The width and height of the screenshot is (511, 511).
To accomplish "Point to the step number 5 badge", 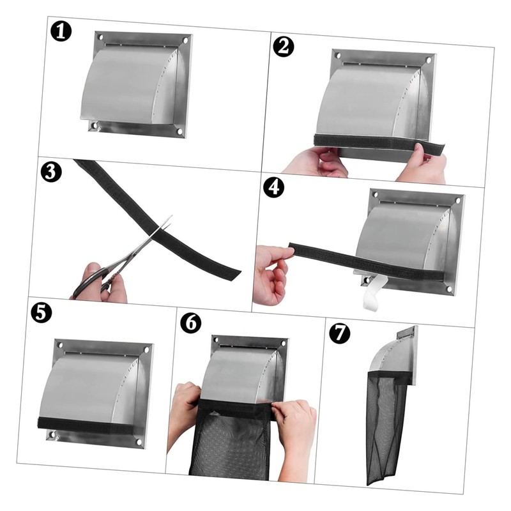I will coord(41,313).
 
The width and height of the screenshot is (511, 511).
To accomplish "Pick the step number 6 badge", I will coord(190,323).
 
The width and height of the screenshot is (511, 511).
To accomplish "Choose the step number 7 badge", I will coord(339,333).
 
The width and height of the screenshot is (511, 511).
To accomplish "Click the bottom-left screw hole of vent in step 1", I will coord(95,126).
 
